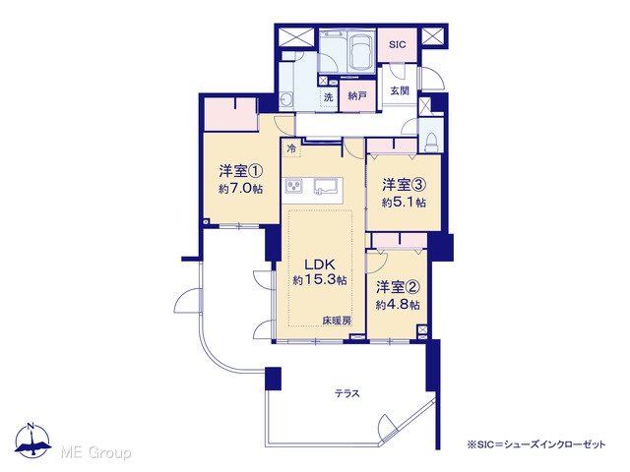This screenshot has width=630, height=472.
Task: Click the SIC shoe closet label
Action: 398,44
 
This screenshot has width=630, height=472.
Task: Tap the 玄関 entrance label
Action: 400,90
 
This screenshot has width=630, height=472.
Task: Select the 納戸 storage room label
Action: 357,96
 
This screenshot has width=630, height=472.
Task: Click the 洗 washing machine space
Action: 329,96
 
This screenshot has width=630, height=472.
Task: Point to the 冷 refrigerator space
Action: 291,148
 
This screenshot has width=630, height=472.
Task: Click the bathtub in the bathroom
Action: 360,51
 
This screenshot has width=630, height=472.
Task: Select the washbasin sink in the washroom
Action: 285,98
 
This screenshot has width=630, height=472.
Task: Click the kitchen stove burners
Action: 294,186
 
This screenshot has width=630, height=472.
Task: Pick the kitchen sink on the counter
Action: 327,186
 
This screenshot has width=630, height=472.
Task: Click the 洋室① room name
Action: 240,171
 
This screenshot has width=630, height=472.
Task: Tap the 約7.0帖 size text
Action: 240,189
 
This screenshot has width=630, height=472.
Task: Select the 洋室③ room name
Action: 404,185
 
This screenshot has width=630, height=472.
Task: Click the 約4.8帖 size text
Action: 398,305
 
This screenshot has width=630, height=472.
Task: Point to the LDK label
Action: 319,265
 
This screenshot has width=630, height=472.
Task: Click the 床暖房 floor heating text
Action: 337,321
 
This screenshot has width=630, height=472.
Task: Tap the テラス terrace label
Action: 347,393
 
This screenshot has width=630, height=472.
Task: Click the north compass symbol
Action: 32,441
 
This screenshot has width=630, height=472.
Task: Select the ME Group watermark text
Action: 95,452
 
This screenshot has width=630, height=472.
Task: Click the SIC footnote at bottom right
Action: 535,444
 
